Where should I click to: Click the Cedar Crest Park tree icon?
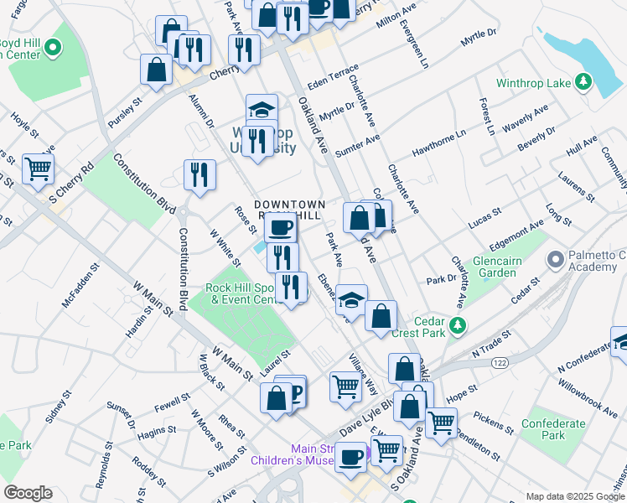point(457,324)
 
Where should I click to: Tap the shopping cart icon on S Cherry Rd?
point(38,169)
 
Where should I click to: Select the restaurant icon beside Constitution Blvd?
point(199,174)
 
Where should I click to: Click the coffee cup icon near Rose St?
point(281,226)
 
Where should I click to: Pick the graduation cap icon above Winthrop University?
point(262,109)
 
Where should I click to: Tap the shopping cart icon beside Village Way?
point(345,386)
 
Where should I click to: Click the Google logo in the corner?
point(28,493)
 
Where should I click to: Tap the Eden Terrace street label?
point(333,77)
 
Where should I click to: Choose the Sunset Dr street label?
point(119,417)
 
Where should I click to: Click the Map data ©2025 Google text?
point(575,496)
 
